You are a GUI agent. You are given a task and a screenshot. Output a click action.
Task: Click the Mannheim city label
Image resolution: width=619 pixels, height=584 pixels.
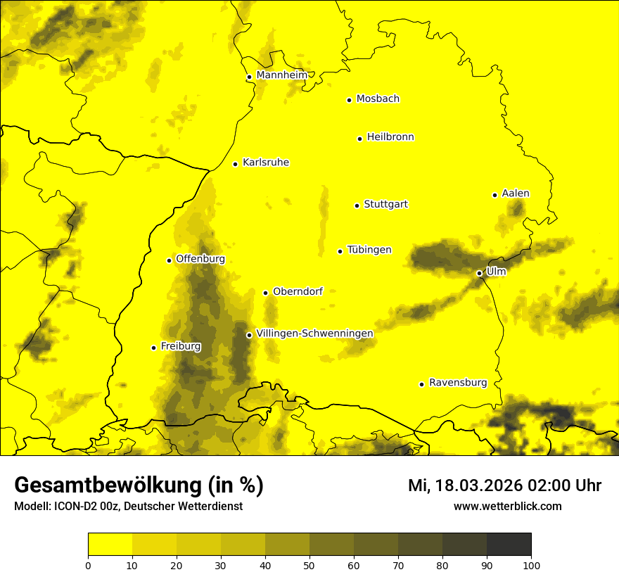282,75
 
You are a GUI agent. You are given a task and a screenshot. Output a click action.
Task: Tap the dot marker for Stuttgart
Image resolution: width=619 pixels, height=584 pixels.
357,205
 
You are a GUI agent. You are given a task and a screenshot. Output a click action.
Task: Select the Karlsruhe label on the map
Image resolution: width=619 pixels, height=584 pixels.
266,163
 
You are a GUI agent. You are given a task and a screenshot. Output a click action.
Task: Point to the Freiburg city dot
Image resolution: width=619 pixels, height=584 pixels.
154,348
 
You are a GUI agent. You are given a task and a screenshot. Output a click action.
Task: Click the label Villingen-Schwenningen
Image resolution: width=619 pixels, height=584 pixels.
314,334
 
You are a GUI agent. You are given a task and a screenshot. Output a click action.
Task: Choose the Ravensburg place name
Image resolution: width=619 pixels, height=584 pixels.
458,383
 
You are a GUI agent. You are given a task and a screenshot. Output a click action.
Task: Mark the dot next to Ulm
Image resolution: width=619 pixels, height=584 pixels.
480,273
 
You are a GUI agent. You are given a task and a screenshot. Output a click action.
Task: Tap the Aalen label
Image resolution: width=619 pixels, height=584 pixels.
516,193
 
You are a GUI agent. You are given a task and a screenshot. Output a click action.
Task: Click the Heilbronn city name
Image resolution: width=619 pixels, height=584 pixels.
390,137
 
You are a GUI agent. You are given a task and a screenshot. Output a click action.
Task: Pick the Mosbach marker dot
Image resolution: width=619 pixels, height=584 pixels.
350,100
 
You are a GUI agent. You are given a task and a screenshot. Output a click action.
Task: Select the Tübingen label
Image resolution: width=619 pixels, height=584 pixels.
369,250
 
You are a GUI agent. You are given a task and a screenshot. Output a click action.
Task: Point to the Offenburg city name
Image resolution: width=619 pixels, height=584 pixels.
200,259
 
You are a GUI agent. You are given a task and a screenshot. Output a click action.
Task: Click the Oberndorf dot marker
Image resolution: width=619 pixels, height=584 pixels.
266,293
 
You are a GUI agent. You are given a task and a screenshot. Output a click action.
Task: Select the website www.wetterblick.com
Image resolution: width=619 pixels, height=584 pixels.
507,507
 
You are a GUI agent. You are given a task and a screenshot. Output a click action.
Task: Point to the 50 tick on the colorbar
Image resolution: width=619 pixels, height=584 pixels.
309,564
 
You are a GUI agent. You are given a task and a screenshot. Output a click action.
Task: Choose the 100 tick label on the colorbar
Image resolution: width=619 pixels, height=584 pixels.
531,564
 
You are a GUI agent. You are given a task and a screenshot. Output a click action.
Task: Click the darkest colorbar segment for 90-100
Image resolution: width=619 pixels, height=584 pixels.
509,545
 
